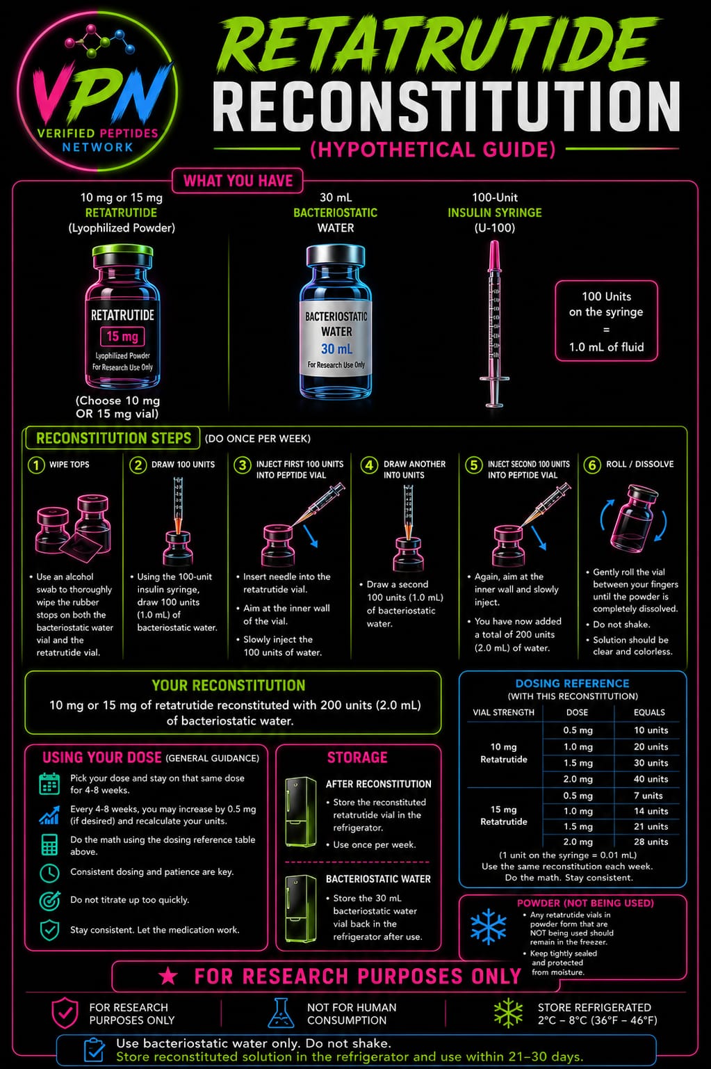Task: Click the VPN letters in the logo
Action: coord(98,93)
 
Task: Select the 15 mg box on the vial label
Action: coord(122,336)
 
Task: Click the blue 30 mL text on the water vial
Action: coord(336,349)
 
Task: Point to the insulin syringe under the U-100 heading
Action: coord(495,324)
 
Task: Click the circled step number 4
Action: coord(369,465)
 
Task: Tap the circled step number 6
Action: coord(591,465)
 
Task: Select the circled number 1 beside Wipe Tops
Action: coord(35,465)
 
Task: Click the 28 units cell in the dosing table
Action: coord(651,842)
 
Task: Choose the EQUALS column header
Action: coord(649,712)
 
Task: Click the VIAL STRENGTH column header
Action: coord(504,712)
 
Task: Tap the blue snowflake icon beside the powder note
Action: coord(489,927)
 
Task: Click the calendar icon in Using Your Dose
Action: coord(49,784)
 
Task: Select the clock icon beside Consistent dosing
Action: coord(49,872)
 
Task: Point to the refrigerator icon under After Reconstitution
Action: coord(300,812)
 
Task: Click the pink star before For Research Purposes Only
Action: coord(168,976)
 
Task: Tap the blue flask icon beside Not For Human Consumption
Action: coord(281,1013)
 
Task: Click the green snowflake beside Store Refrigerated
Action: coord(508,1013)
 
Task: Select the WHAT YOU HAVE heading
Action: coord(238,181)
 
